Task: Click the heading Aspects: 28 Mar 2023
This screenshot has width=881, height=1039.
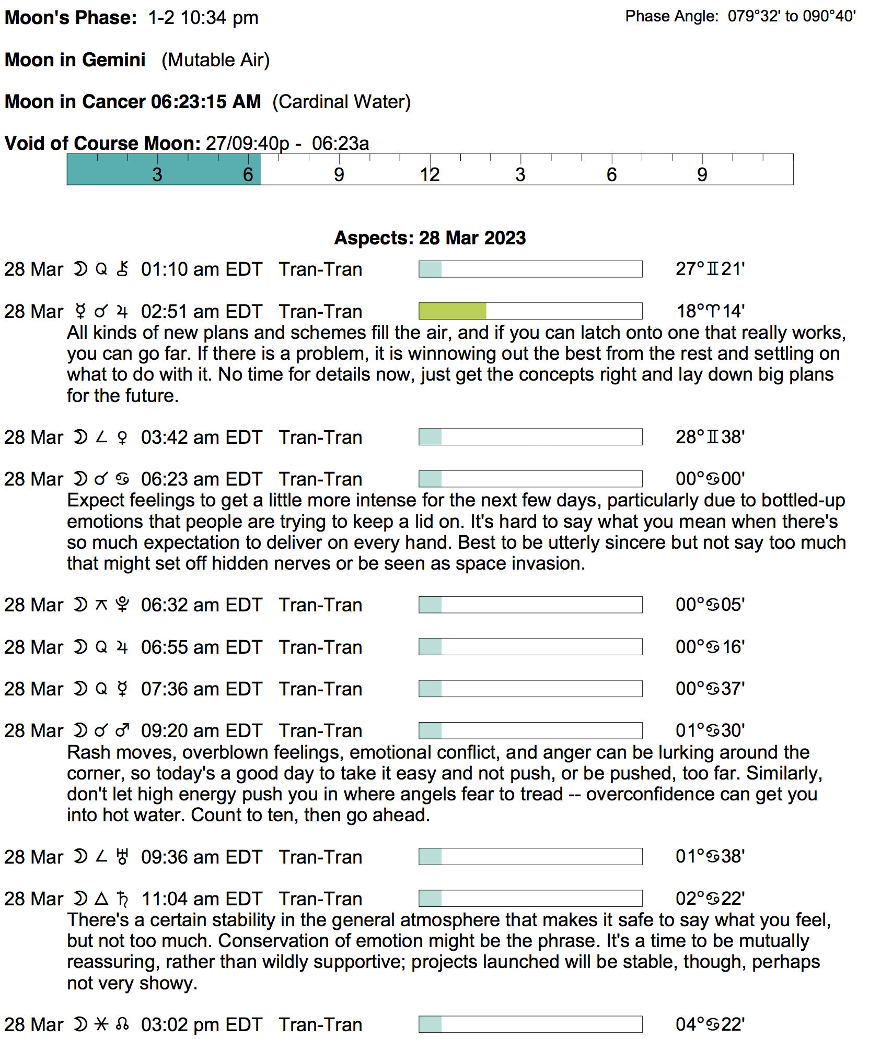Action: (430, 238)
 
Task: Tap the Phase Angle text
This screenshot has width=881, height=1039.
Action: (740, 17)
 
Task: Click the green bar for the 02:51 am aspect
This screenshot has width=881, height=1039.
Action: (453, 311)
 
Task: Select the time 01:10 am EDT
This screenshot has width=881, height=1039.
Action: (201, 269)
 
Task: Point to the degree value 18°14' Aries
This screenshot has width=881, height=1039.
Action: (710, 311)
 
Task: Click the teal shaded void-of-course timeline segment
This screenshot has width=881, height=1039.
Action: (164, 170)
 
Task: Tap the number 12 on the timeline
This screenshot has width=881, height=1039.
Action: (430, 175)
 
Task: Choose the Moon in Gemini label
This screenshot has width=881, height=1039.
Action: (75, 60)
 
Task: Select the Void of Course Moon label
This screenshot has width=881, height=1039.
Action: (102, 144)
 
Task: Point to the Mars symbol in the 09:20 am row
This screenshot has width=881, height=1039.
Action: (122, 730)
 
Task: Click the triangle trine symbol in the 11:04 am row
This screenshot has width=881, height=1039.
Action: (101, 899)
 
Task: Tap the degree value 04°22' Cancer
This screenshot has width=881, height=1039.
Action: (710, 1024)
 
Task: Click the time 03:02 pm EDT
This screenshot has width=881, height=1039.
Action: (201, 1025)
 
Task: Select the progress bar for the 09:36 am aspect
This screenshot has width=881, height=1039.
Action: (530, 857)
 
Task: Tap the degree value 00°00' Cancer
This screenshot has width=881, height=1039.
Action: (710, 479)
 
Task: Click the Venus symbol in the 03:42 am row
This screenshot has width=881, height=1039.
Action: (122, 438)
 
